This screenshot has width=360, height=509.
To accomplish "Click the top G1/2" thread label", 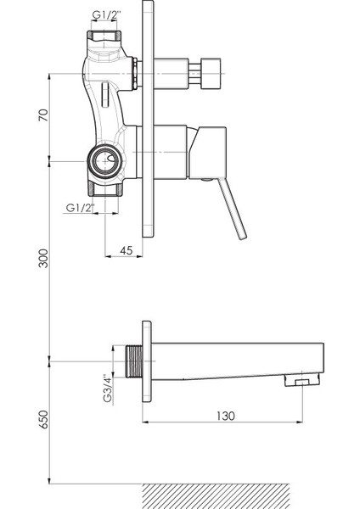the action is click(107, 15).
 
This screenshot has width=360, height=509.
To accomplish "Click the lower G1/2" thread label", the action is click(80, 208).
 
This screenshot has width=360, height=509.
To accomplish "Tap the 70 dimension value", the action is click(43, 115).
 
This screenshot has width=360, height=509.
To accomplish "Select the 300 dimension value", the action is click(43, 259).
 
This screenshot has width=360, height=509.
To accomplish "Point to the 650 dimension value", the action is click(43, 419).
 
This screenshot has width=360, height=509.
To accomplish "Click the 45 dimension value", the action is click(127, 250).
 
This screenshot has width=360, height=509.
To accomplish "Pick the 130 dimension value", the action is click(226, 416).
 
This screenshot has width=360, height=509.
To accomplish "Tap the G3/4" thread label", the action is click(108, 389).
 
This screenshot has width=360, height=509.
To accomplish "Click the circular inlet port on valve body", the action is click(104, 161).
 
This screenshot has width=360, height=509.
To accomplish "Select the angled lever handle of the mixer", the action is click(232, 209).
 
